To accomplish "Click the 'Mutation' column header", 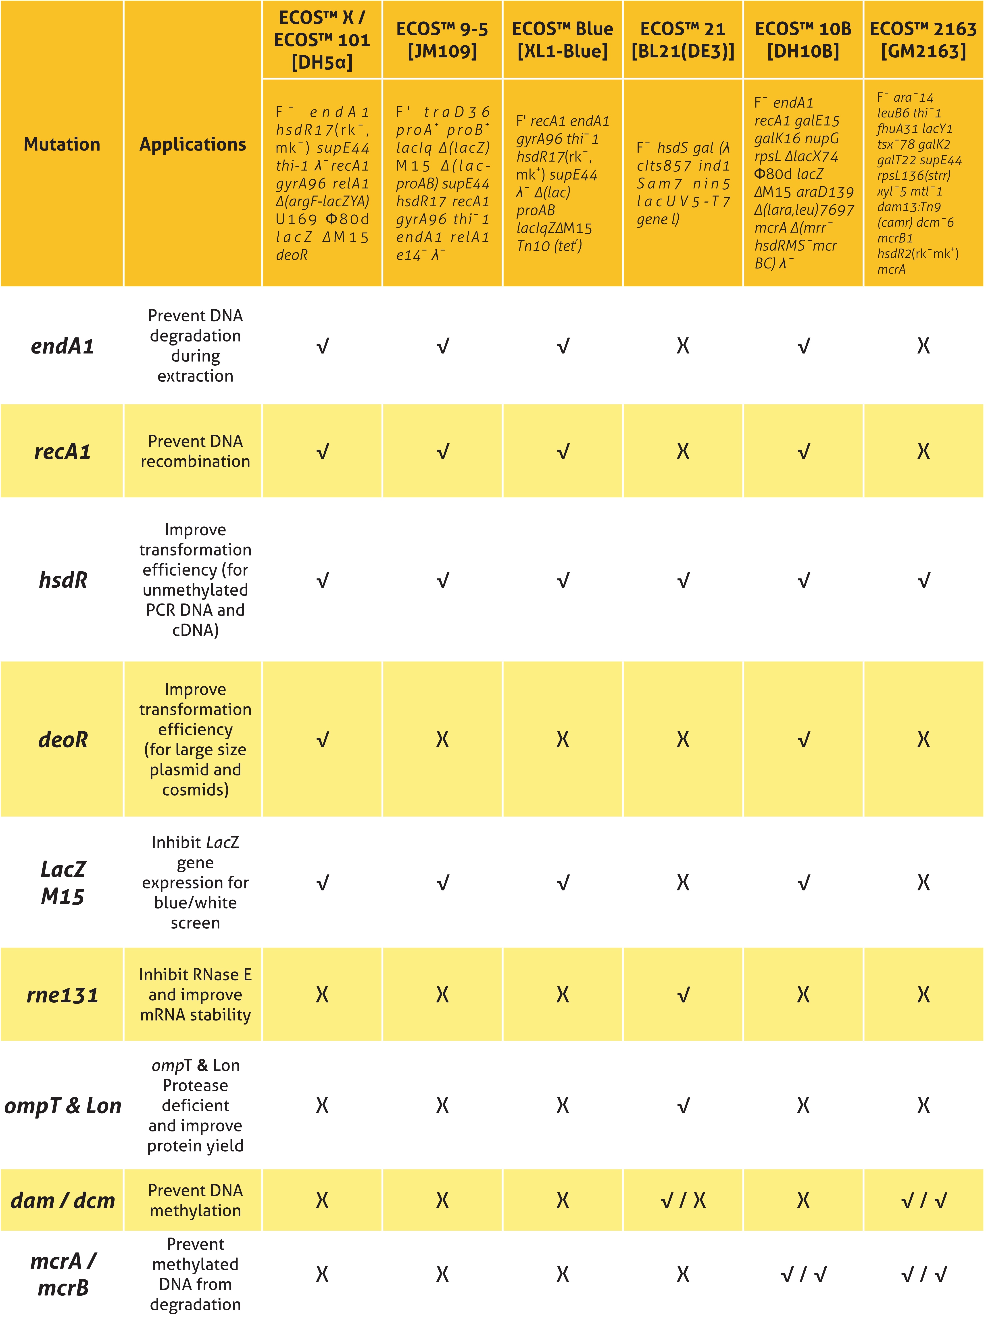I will coord(62,145).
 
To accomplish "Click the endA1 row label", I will coord(62,346).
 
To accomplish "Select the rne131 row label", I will coord(62,995).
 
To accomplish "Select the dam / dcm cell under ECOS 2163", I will coord(923,1200).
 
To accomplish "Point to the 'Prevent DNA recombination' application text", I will coord(195,451).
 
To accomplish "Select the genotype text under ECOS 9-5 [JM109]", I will coord(442,183).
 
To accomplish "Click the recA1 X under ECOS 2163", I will coord(923,451).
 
